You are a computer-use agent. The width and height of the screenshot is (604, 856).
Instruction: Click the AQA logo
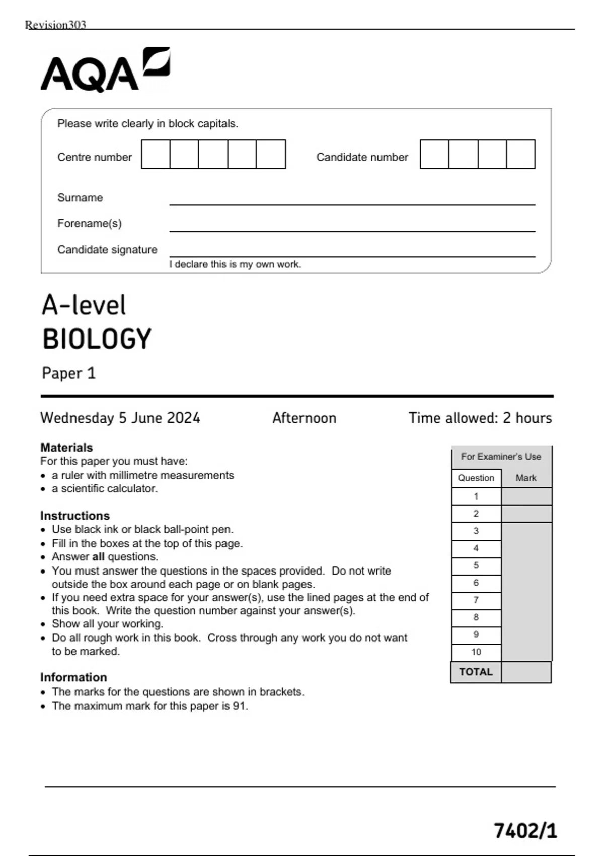pos(105,70)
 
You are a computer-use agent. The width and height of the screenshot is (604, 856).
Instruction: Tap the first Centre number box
pos(156,154)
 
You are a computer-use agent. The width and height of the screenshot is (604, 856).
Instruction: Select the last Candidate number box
pos(520,154)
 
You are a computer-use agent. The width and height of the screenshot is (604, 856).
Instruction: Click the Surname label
pos(80,198)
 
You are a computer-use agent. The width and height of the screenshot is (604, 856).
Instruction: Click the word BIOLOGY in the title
pos(97,339)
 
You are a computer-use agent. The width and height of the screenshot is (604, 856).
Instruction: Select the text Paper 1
pos(68,373)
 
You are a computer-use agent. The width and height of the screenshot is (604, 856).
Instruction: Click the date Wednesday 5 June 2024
pos(120,418)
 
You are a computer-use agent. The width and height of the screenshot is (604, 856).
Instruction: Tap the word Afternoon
pos(304,418)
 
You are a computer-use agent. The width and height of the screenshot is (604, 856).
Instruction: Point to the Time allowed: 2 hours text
pos(480,418)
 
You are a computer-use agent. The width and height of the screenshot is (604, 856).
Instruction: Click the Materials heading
pos(66,447)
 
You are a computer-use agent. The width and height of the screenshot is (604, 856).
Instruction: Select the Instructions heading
pos(75,516)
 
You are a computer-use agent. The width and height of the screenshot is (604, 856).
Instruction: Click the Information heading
pos(73,677)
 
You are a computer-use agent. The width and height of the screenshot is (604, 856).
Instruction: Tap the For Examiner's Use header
pos(501,457)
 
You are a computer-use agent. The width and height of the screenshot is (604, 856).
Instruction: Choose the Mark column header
pos(526,478)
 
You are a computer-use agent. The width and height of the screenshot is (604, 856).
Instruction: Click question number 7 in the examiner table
pos(476,600)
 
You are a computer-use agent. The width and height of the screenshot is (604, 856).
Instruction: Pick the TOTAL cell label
pos(476,672)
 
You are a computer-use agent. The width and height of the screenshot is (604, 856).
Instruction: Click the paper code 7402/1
pos(525,830)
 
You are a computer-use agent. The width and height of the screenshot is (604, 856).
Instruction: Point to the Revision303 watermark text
pos(55,25)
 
